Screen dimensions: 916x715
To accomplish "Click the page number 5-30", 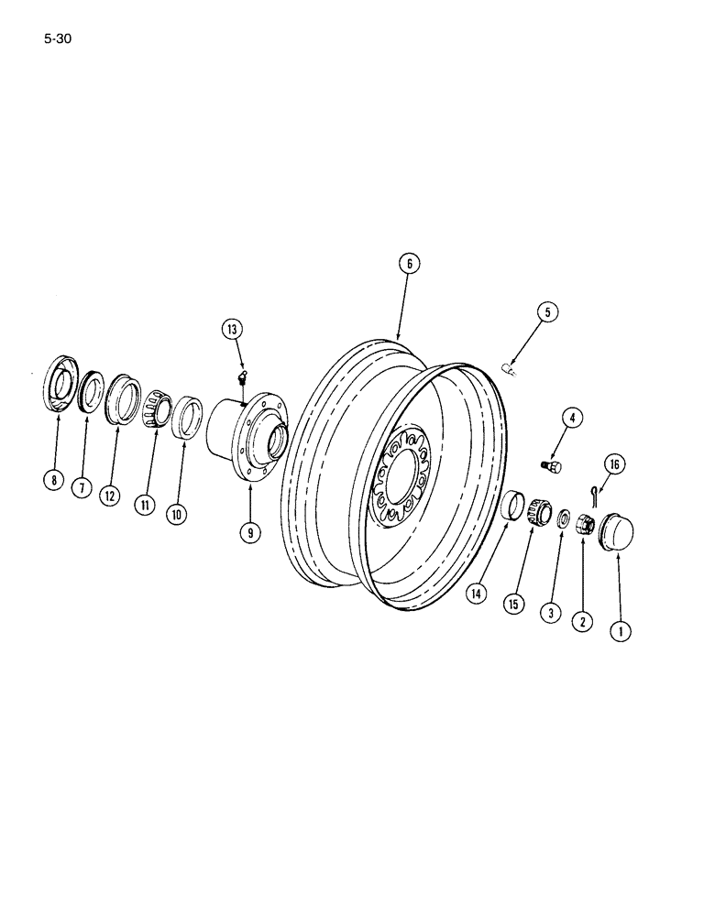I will tap(56, 39).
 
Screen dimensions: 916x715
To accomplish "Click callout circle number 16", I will tap(614, 466).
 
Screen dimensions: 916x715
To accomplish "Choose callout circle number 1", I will tap(622, 630).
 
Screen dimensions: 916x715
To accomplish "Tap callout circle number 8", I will tap(56, 478).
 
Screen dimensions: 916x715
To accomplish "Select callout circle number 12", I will tap(111, 496).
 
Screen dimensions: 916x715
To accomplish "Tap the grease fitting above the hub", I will tap(242, 376).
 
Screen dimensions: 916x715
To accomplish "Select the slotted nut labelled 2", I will tap(585, 527).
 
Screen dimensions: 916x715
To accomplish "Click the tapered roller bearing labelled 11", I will tap(158, 405).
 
